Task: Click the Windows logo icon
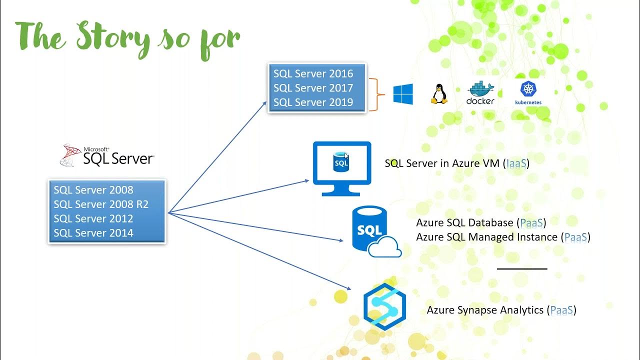click(x=403, y=94)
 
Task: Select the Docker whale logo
click(x=480, y=93)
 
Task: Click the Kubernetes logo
click(x=528, y=93)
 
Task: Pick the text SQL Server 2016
click(x=313, y=74)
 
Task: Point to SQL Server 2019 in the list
click(x=313, y=102)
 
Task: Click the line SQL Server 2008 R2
click(x=101, y=204)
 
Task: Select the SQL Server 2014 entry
click(x=93, y=233)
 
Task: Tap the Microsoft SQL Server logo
click(x=107, y=155)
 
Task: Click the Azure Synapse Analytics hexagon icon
click(x=384, y=306)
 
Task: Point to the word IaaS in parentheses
click(x=517, y=163)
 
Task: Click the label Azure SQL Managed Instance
click(x=486, y=237)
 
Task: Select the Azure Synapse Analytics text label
click(x=485, y=310)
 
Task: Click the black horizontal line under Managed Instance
click(x=522, y=268)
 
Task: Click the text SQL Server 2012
click(x=93, y=218)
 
